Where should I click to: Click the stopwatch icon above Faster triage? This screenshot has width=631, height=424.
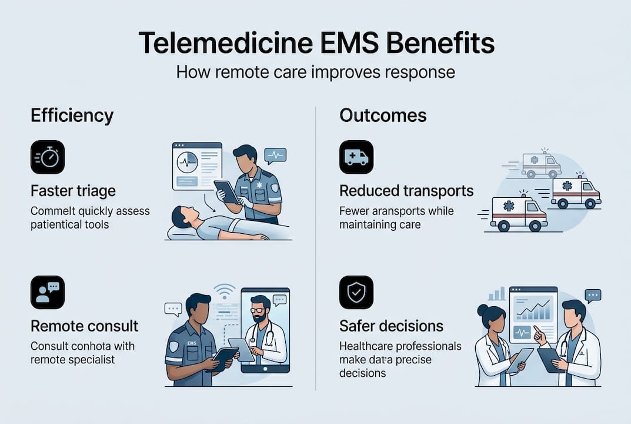(48, 157)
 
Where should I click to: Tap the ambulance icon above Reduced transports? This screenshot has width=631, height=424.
(356, 157)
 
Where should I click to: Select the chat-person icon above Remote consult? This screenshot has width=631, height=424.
(48, 293)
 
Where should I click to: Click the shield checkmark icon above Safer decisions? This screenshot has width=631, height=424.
(356, 293)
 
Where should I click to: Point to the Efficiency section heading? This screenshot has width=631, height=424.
(72, 115)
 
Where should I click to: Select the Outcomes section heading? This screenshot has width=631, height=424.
(383, 115)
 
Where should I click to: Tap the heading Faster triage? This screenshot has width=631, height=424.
(73, 191)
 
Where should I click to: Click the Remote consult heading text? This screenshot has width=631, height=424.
(85, 326)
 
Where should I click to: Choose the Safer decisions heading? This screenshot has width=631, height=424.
(391, 326)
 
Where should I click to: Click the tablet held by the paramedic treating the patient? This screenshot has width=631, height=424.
(226, 191)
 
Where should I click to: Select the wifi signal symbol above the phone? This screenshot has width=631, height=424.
(224, 291)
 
